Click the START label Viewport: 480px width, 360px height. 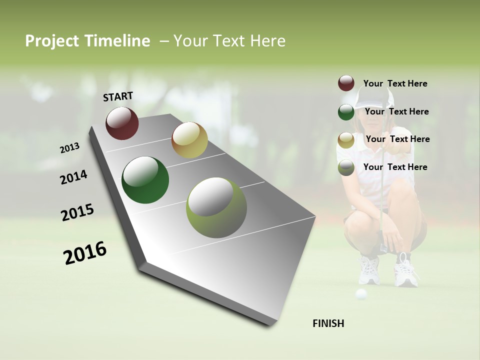(118, 96)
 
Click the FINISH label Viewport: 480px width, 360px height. (328, 323)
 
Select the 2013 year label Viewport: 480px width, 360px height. (69, 148)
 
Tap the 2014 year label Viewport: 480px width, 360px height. (73, 177)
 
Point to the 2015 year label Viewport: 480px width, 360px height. (77, 212)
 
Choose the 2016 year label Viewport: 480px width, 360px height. (85, 252)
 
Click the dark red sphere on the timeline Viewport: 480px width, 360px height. (122, 123)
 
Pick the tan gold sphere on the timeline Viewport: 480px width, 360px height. (189, 140)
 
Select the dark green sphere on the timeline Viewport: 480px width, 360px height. (145, 180)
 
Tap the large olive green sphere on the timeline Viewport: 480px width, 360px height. (216, 207)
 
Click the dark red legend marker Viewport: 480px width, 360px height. (346, 83)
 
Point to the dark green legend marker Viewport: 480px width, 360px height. (346, 112)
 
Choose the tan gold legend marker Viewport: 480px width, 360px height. (346, 140)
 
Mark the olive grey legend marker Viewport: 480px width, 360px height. (346, 168)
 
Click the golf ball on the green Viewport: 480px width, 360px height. (360, 294)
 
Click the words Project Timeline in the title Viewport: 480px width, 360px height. (87, 41)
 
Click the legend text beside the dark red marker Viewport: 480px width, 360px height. (395, 83)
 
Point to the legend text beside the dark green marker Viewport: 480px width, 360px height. (396, 111)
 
